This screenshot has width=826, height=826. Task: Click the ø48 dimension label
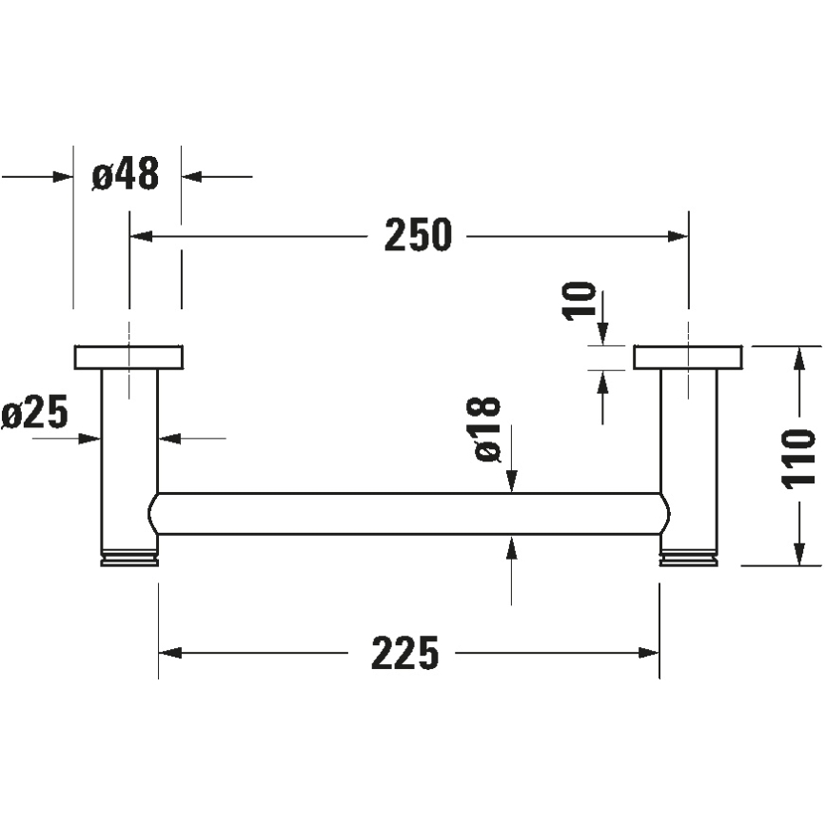pos(126,175)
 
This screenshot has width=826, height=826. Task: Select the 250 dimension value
pos(418,235)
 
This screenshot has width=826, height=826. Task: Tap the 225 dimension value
pos(405,653)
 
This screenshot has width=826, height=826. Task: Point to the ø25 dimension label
pos(35,414)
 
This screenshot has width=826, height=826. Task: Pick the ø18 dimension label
pos(486,429)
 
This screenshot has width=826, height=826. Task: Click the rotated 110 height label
pos(799,457)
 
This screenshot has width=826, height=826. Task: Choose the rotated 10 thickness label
pos(580,301)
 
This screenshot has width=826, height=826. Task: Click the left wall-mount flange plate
pos(128,357)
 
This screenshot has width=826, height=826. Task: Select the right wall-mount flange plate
pos(687,357)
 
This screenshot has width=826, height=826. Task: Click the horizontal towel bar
pos(409,514)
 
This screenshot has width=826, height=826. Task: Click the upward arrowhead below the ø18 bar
pos(512,545)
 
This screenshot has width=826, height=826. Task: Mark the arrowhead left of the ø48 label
pos(64,176)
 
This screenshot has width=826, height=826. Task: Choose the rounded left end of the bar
pos(153,514)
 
